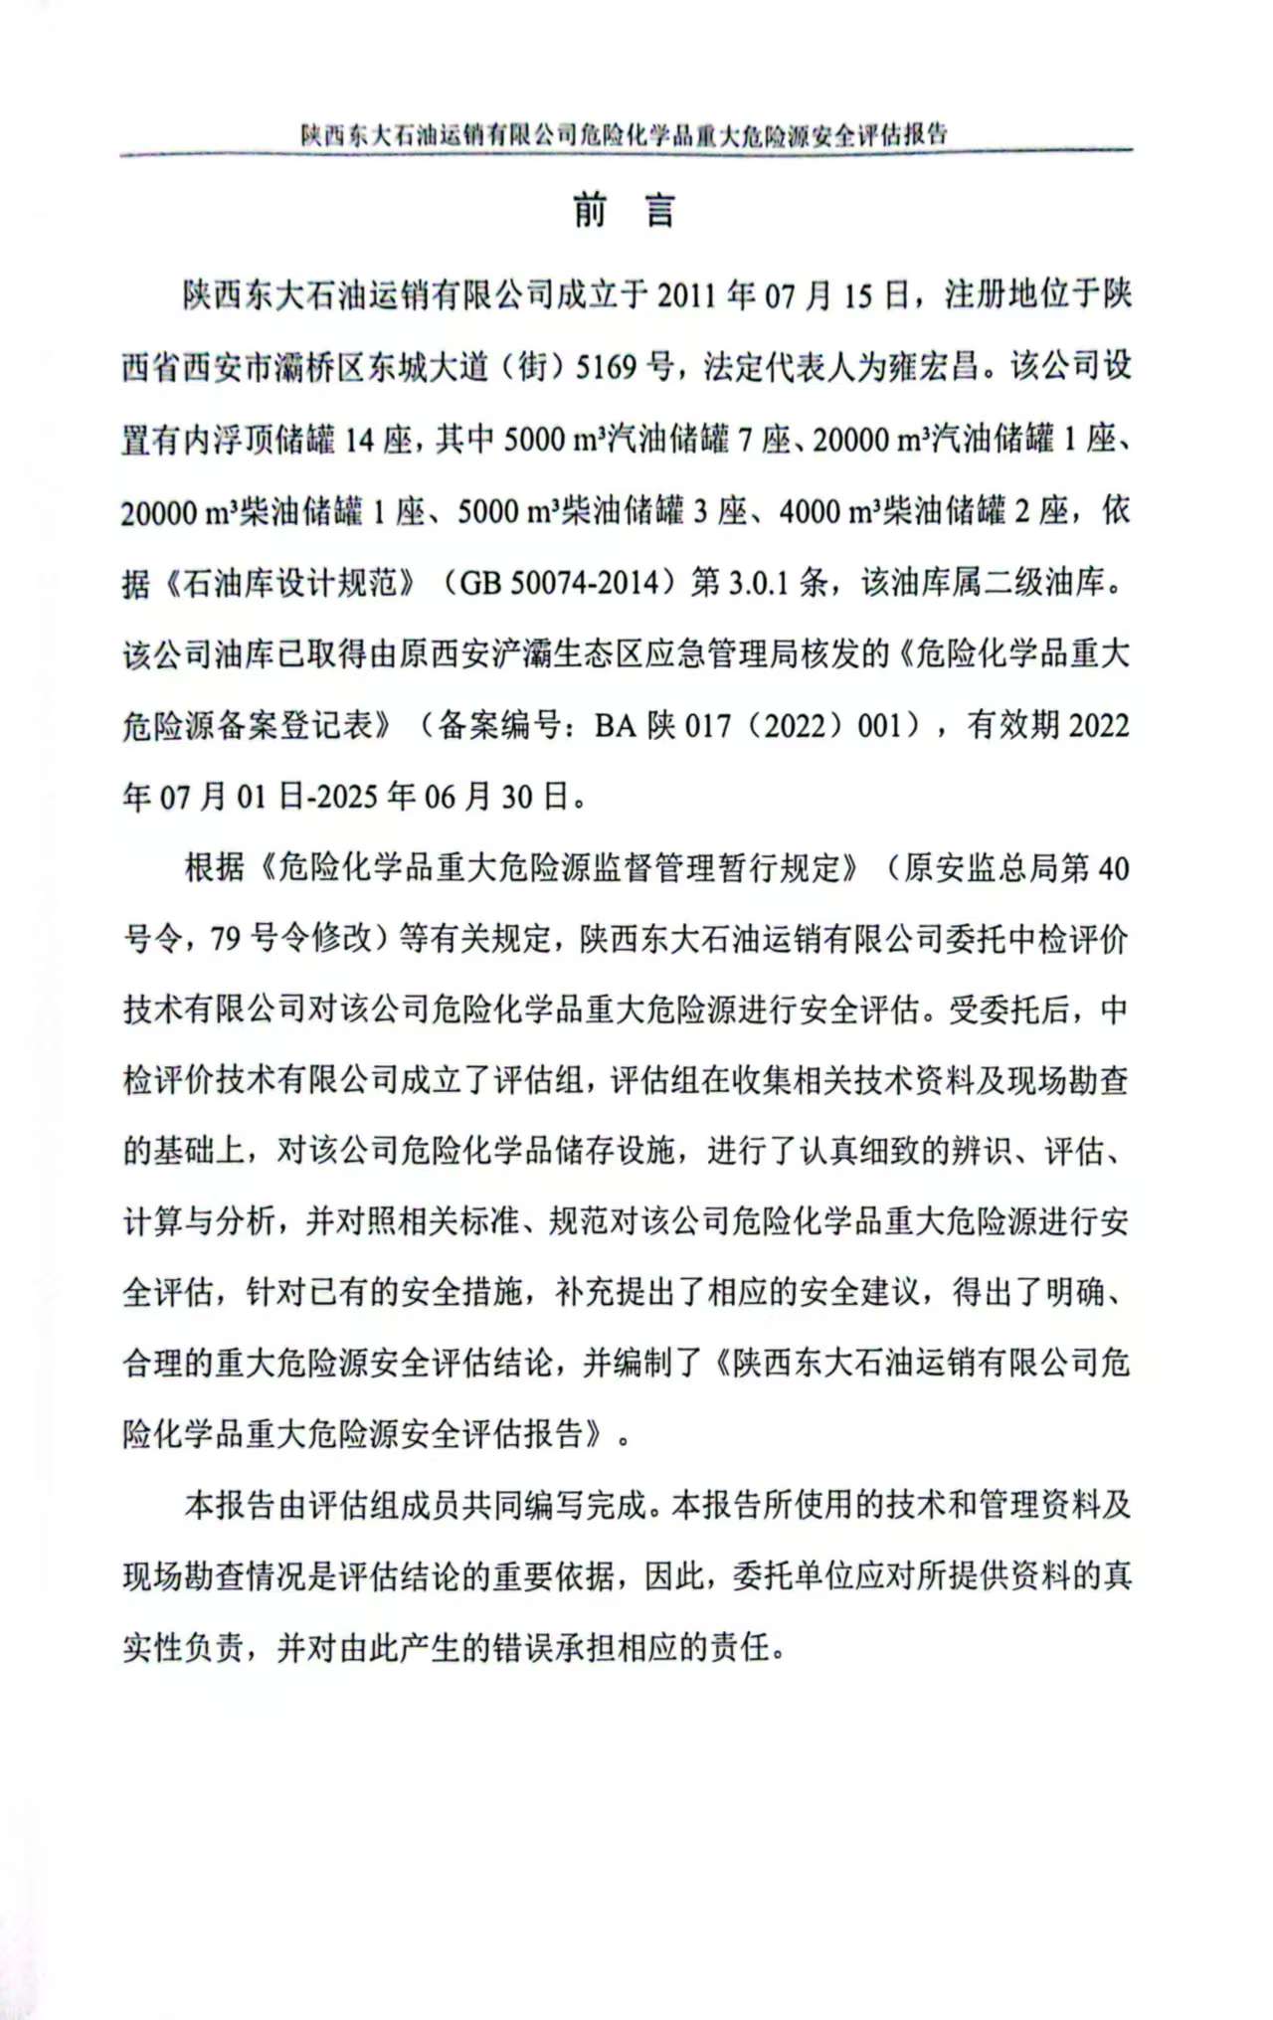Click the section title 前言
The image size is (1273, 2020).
tap(625, 211)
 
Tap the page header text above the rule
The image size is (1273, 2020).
tap(625, 134)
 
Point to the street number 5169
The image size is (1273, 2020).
tap(606, 368)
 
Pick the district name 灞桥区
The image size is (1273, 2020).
tap(306, 368)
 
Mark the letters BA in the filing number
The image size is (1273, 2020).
tap(615, 726)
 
